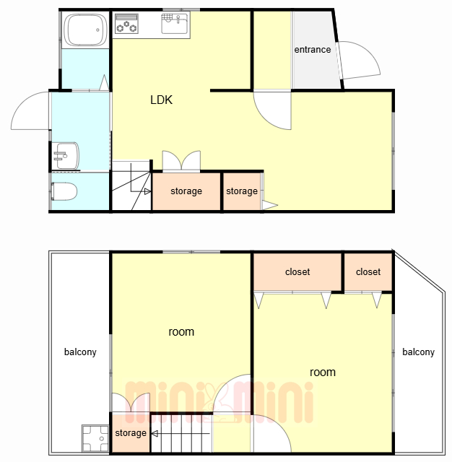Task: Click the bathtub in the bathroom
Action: point(85,30)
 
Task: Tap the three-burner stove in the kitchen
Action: point(126,24)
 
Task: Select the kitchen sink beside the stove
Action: point(175,23)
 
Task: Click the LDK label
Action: point(161,100)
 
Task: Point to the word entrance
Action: point(313,50)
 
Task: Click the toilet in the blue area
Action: point(64,191)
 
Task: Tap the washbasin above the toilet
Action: point(66,156)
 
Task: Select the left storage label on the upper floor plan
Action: point(186,191)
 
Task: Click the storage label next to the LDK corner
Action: point(242,191)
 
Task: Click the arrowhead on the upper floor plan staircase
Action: point(147,191)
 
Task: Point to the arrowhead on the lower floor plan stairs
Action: point(155,433)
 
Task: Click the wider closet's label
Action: point(297,271)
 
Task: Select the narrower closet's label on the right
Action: point(368,271)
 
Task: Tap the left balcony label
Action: point(80,352)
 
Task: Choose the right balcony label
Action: point(418,352)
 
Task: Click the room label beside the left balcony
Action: point(181,332)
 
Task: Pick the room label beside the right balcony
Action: point(323,372)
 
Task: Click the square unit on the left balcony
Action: point(95,438)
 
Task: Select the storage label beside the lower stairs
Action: point(131,433)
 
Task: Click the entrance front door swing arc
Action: point(372,56)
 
